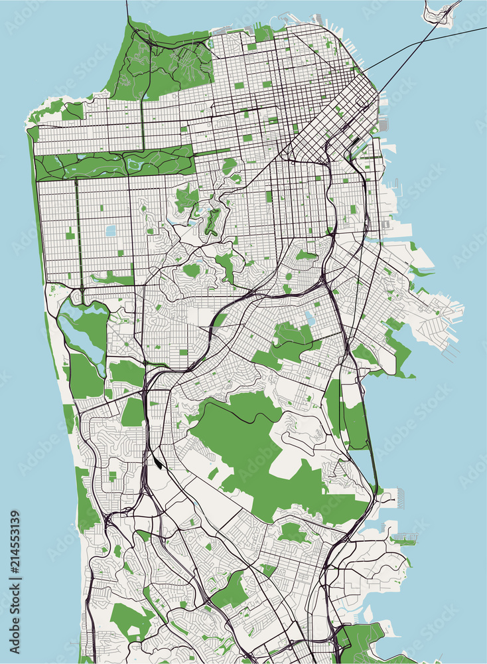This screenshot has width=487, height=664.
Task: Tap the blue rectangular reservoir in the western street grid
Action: (x=110, y=230)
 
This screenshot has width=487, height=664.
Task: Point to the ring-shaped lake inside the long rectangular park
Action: (x=136, y=163)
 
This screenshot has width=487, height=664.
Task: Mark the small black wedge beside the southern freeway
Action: (x=156, y=458)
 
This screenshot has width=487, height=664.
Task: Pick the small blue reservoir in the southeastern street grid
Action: (x=310, y=319)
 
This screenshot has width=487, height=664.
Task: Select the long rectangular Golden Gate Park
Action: (x=113, y=163)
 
